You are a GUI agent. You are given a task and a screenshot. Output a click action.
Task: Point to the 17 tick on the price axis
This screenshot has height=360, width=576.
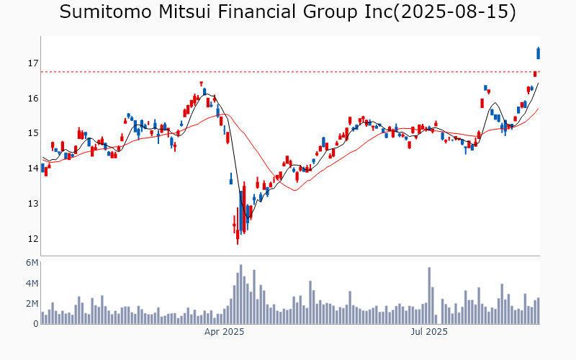(32, 63)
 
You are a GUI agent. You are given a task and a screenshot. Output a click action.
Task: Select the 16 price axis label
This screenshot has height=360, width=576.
(32, 99)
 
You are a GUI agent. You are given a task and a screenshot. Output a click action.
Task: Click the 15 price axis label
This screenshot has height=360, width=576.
(32, 133)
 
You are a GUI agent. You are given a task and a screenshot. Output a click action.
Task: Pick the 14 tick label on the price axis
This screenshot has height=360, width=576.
(32, 168)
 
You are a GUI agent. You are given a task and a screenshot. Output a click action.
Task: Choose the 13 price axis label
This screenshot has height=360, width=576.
(32, 204)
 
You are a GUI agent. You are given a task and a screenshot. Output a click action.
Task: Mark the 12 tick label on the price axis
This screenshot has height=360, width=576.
(32, 239)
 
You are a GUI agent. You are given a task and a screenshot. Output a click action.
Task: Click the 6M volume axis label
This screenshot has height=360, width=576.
(31, 263)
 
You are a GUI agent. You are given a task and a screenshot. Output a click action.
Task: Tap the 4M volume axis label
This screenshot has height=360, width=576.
(31, 284)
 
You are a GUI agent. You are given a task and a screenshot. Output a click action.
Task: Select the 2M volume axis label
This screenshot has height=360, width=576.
(31, 304)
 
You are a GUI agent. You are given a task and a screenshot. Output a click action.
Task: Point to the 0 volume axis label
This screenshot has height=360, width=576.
(35, 324)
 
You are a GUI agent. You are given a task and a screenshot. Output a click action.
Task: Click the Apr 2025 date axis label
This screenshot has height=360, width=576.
(225, 332)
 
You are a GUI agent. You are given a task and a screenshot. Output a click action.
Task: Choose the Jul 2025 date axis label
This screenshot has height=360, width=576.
(429, 332)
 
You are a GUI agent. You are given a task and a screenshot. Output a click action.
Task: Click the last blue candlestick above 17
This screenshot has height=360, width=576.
(539, 53)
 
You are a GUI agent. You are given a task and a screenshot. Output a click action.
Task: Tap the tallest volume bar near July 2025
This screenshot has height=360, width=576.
(429, 296)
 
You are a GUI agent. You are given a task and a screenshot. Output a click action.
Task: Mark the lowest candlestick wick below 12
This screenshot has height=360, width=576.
(238, 241)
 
